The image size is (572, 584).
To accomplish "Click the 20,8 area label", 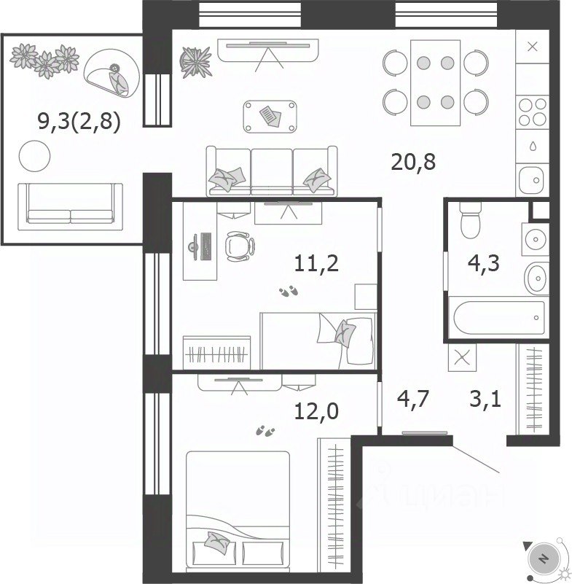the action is click(x=413, y=163).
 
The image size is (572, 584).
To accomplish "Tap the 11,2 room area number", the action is click(x=316, y=264).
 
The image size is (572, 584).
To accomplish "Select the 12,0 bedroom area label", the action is click(x=316, y=411).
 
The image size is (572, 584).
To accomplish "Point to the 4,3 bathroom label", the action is click(x=483, y=264).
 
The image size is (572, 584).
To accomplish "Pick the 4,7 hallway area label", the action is click(x=413, y=399).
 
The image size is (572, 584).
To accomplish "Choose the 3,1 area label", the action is click(x=486, y=399).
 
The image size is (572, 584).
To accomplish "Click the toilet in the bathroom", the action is click(x=471, y=220).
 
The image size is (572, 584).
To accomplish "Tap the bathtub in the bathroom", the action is click(x=498, y=318).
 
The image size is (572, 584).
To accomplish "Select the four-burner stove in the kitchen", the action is click(x=533, y=111).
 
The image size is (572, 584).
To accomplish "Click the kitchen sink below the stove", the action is click(x=533, y=180).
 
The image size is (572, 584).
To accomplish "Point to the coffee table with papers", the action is click(x=270, y=117).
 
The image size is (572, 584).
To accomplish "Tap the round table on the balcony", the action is click(x=34, y=156).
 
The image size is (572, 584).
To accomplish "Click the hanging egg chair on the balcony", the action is click(x=112, y=74).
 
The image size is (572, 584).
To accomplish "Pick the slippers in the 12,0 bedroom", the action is click(x=265, y=431).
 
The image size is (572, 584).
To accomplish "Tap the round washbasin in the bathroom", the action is click(x=536, y=278).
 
